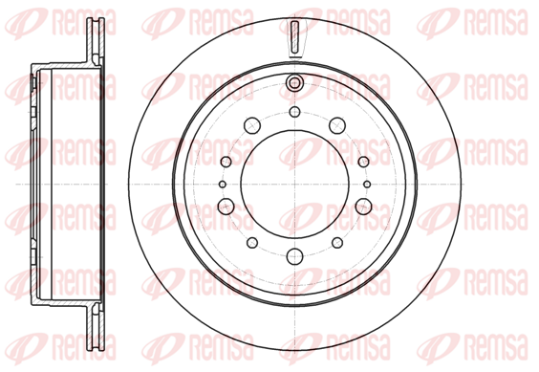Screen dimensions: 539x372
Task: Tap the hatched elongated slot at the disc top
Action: tap(294, 38)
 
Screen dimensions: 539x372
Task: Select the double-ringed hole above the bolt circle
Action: tap(294, 82)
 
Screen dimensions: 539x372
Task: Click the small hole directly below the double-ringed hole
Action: tap(294, 112)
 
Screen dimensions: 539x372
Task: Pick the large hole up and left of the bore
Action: tap(252, 125)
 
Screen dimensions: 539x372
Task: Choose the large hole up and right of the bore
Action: tap(337, 125)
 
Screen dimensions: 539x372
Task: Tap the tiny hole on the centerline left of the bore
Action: tap(223, 185)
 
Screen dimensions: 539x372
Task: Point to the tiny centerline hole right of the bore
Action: tap(367, 185)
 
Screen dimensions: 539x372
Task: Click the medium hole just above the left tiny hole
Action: tap(226, 162)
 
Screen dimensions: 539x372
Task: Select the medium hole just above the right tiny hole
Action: tap(363, 162)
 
